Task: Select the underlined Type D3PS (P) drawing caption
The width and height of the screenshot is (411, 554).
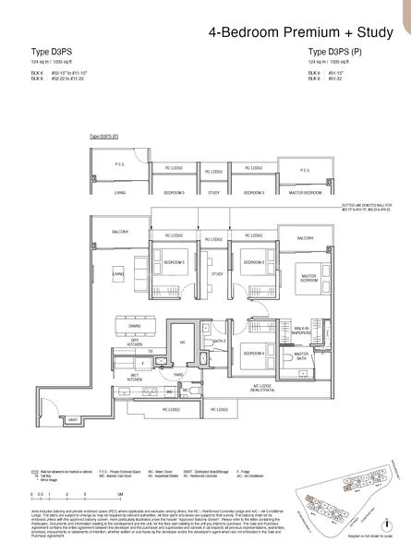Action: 103,137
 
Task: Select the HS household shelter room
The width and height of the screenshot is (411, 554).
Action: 182,342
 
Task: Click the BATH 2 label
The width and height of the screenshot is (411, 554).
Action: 219,341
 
